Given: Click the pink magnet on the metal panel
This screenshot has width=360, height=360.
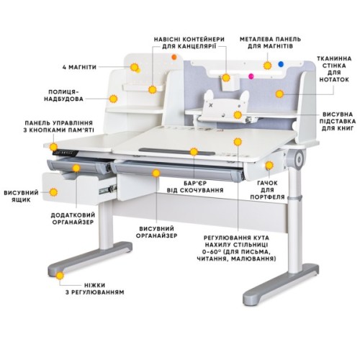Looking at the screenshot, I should click(250, 75).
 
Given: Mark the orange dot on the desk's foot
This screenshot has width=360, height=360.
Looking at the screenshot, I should click(60, 276).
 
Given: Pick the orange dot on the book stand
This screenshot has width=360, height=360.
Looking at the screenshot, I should click(239, 114).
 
